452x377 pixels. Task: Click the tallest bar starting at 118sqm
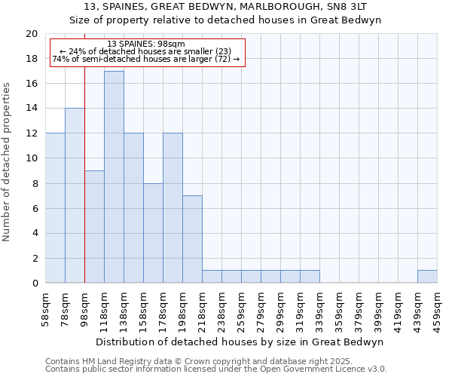pyautogui.click(x=114, y=177)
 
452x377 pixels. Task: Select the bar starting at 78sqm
pyautogui.click(x=75, y=195)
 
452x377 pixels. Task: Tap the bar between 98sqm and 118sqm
pyautogui.click(x=94, y=226)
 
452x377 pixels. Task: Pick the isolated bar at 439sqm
pyautogui.click(x=427, y=277)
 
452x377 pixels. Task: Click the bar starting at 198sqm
pyautogui.click(x=192, y=239)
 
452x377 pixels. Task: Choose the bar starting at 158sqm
pyautogui.click(x=153, y=233)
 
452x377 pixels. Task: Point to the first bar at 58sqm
pyautogui.click(x=55, y=208)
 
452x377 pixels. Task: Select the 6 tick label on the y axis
pyautogui.click(x=34, y=208)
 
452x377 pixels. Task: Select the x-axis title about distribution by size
pyautogui.click(x=241, y=342)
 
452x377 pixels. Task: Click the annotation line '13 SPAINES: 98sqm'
pyautogui.click(x=147, y=44)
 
